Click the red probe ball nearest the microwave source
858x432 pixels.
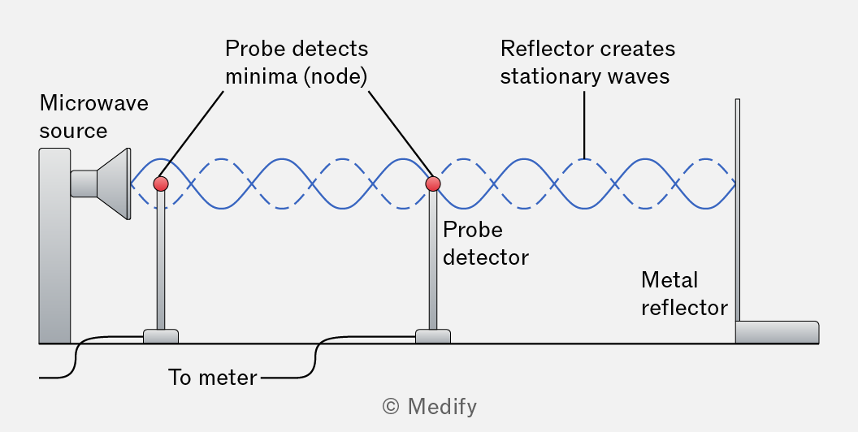coord(161,184)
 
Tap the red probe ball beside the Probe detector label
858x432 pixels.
coord(433,184)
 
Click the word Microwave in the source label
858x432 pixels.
coord(94,103)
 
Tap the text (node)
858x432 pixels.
coord(335,76)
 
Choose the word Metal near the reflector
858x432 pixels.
coord(669,280)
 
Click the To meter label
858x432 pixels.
coord(212,378)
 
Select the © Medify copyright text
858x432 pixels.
coord(429,406)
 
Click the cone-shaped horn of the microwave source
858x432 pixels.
coord(114,184)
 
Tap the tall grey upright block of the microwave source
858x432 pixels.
coord(54,245)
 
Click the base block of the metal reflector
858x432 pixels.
coord(777,332)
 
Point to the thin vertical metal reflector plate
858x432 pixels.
coord(738,210)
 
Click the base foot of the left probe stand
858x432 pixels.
coord(161,336)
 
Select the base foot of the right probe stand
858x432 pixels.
coord(433,336)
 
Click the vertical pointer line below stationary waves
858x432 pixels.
coord(584,125)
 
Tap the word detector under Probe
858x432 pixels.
coord(486,257)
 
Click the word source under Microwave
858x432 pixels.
coord(73,132)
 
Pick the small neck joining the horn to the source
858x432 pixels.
coord(84,184)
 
